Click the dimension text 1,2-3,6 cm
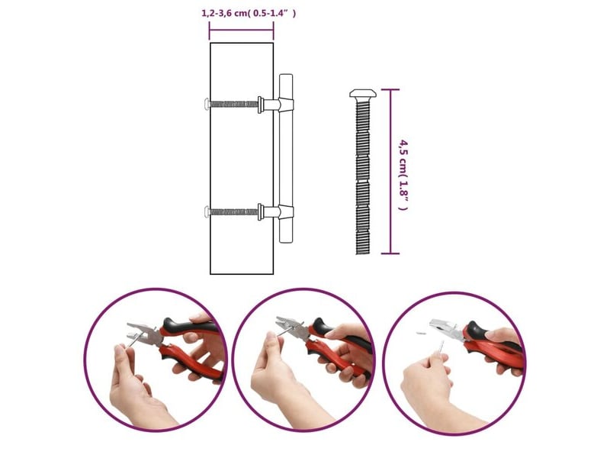(x=224, y=13)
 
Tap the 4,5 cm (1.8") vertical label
(x=404, y=175)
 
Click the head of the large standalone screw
(x=363, y=93)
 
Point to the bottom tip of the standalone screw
(x=363, y=254)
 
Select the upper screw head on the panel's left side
(x=207, y=104)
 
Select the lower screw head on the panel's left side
(x=207, y=212)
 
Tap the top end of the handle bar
(x=286, y=75)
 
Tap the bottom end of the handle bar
(x=286, y=242)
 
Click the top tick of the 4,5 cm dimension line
(x=390, y=89)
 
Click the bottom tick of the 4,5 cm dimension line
(x=390, y=253)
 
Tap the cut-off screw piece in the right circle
(x=421, y=334)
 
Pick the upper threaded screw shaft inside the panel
(x=234, y=104)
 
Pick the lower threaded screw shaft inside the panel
(x=234, y=212)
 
